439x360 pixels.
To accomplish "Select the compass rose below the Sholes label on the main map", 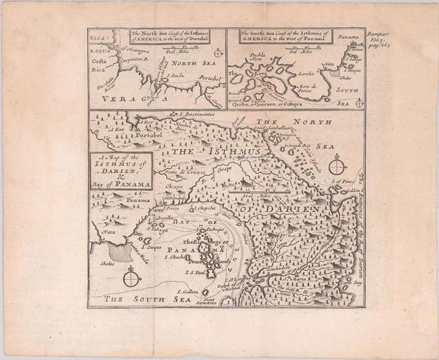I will click(128, 278).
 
